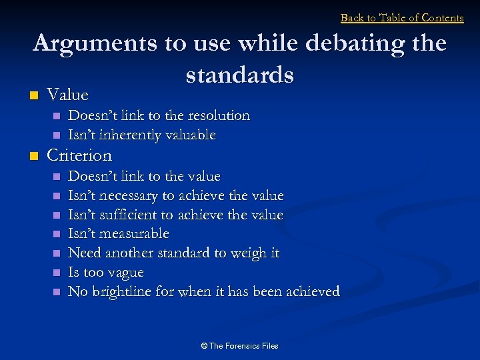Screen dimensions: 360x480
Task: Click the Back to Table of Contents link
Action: [x=402, y=18]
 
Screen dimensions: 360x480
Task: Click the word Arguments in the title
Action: [x=93, y=43]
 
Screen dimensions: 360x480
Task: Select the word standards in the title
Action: [x=240, y=75]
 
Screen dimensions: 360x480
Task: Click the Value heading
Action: [x=67, y=95]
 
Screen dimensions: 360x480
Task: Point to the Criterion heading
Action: [x=79, y=155]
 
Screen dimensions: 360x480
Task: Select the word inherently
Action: [x=125, y=135]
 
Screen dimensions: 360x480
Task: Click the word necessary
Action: [x=127, y=196]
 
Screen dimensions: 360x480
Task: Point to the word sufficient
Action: [x=126, y=215]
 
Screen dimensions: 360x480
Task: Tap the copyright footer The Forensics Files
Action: [x=240, y=346]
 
